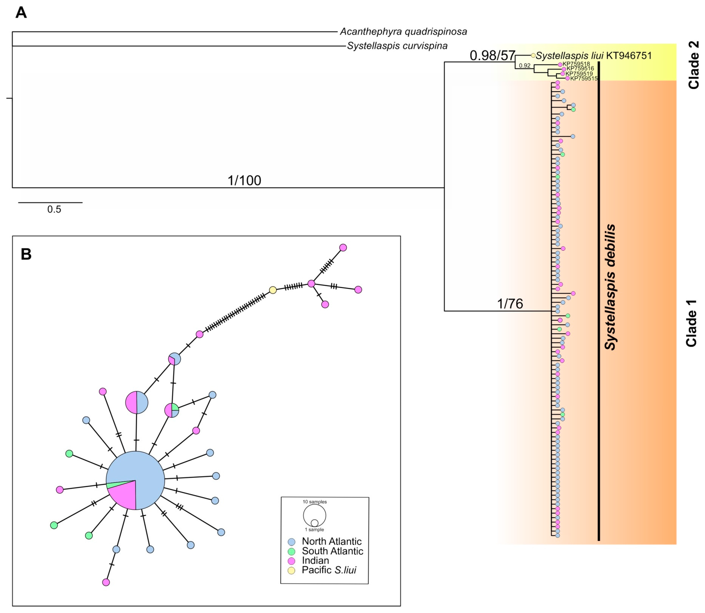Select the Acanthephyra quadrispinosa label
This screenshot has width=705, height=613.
(403, 32)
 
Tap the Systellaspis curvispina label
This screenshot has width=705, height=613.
(397, 46)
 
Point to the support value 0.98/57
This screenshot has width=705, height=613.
(492, 55)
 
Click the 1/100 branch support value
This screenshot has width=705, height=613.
(244, 180)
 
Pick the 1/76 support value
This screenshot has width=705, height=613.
(510, 303)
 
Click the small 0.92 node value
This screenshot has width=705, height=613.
(525, 66)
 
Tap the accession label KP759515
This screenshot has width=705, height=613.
(584, 79)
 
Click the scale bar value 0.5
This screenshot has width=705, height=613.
(54, 209)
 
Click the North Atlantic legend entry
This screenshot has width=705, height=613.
(331, 542)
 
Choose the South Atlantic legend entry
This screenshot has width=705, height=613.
(332, 551)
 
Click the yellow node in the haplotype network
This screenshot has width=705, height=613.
(273, 290)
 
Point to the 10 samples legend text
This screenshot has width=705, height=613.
(315, 502)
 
